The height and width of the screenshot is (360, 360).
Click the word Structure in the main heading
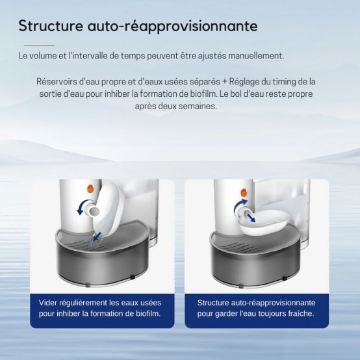point(50,27)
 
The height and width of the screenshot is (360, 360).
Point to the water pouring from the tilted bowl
point(98,239)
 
